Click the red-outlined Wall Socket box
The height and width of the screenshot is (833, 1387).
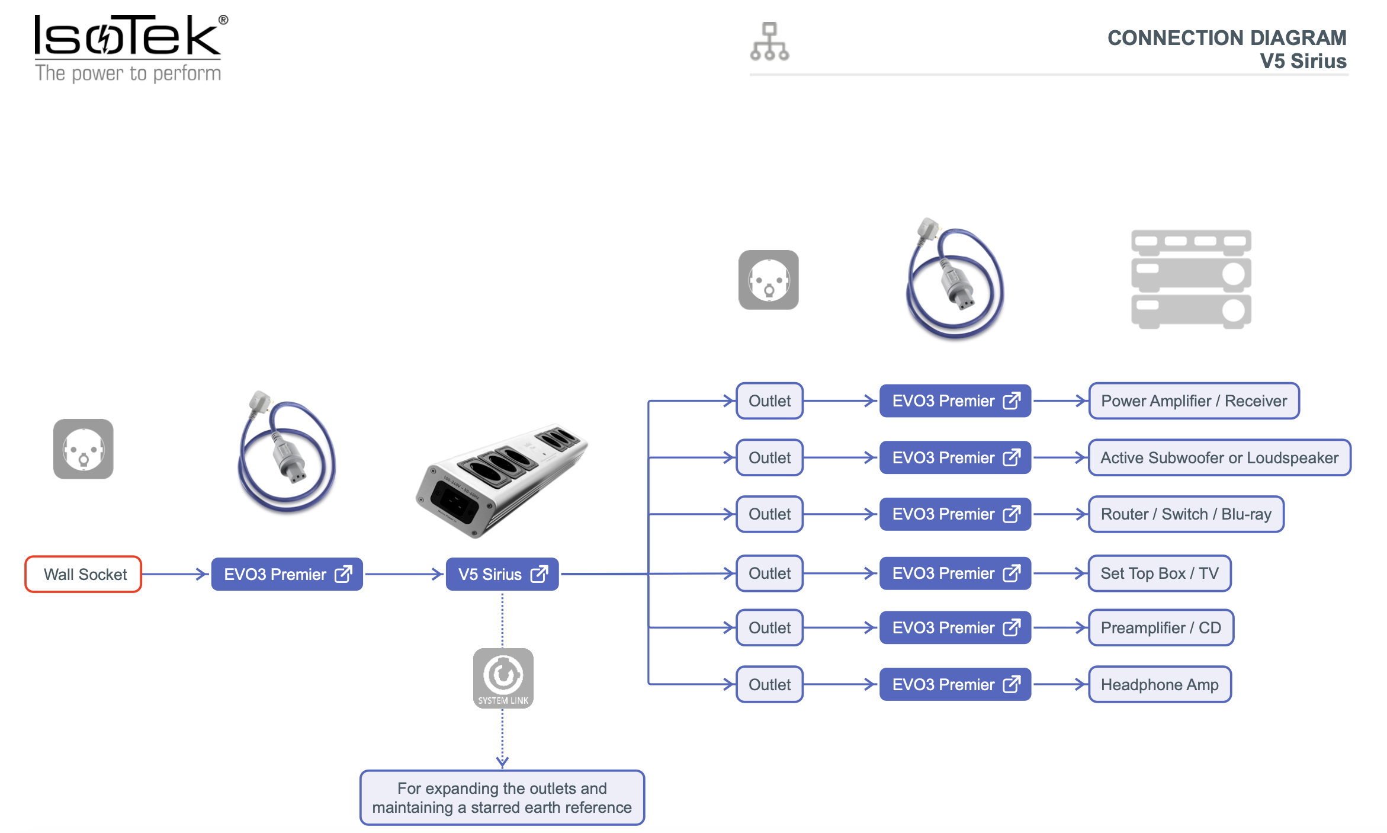pos(84,574)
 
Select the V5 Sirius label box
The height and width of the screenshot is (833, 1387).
pos(502,574)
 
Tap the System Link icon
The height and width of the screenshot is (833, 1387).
pos(503,678)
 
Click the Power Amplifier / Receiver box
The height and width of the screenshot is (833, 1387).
pos(1194,401)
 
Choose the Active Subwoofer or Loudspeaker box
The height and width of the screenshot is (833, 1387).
pos(1219,457)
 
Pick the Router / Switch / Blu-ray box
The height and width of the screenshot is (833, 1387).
pos(1186,514)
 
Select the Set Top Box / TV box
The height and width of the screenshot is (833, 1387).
pos(1160,573)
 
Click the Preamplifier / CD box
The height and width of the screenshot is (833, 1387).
pos(1161,627)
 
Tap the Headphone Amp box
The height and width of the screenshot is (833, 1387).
pos(1160,684)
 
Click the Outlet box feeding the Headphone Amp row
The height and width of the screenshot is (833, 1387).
pos(769,684)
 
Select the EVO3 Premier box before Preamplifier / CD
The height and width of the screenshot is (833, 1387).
pos(955,627)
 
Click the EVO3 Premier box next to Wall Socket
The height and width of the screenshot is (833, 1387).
pos(287,574)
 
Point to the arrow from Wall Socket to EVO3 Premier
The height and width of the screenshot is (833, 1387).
pos(175,574)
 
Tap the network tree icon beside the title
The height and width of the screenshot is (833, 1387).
pos(769,41)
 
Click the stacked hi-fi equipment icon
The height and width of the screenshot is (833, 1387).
pos(1191,279)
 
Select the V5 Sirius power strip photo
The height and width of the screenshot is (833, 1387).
pos(502,480)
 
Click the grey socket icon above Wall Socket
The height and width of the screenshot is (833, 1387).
pos(84,448)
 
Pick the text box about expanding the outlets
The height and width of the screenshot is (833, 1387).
pos(502,797)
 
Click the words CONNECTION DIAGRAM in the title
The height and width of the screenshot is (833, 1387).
pos(1227,38)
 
